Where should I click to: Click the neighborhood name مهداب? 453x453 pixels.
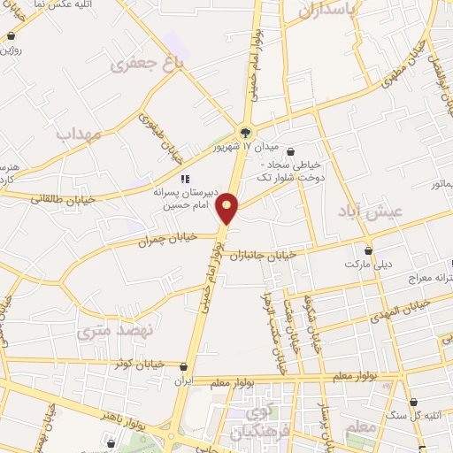[80, 134]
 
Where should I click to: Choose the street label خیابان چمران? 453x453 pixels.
[170, 238]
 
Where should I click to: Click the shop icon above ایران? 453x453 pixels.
[183, 366]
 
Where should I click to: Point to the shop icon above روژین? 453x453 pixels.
[10, 37]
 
